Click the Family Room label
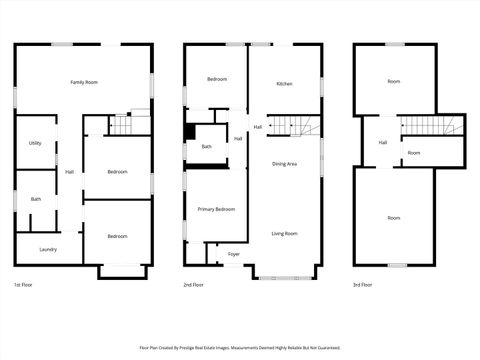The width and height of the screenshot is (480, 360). pos(83,81)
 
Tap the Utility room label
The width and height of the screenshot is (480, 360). pos(35,143)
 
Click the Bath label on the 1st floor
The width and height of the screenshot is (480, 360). pos(35,199)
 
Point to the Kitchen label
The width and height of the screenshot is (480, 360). pos(284,84)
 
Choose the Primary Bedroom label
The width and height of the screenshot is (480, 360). pos(216,209)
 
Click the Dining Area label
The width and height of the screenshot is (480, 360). pos(284,164)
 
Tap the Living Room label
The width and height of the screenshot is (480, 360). pos(284,233)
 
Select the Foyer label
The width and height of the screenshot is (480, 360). pos(233,255)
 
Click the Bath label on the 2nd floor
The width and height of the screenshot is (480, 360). pos(206,147)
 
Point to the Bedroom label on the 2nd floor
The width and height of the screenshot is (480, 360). pos(217,79)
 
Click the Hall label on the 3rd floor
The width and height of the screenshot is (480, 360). pos(382,143)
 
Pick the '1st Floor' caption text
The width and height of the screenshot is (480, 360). pos(23,284)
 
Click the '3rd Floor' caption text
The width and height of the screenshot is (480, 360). pos(363,284)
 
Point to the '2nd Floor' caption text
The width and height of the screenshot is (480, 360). pos(193,284)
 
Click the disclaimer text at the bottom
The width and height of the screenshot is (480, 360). pos(239,348)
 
